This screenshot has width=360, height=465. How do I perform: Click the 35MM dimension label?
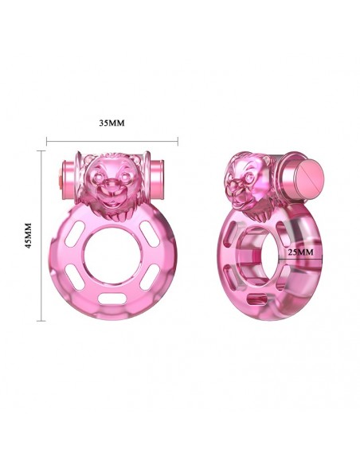[112, 123]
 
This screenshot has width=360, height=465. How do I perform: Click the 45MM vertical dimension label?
[29, 236]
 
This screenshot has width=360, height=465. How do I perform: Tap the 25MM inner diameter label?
[300, 252]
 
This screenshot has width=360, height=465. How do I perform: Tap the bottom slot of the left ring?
[112, 299]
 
